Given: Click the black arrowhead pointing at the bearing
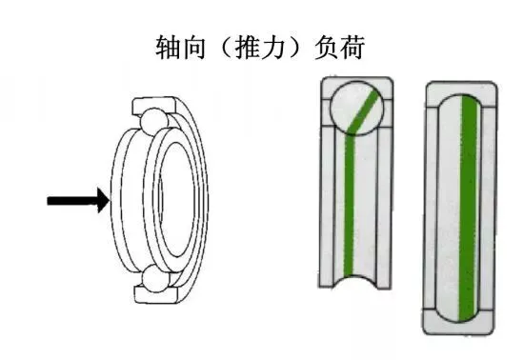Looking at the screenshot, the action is [x=103, y=200].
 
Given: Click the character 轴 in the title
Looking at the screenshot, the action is [x=168, y=48].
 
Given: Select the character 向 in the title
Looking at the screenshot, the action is [x=192, y=48].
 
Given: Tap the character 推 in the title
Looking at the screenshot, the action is [x=248, y=48].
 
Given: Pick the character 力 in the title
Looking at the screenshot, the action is [x=273, y=48].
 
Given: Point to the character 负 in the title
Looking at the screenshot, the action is [x=327, y=48].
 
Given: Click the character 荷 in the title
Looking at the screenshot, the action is [x=352, y=48].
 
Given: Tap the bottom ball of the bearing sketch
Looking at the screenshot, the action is [x=154, y=278].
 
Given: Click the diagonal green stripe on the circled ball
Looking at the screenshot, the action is [x=363, y=111].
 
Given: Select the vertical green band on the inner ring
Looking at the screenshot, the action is [x=350, y=206].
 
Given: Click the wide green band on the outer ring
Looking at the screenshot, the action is [x=468, y=208].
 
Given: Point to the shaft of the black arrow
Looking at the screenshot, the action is [x=72, y=201].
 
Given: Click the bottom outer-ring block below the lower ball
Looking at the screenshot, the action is [x=156, y=294].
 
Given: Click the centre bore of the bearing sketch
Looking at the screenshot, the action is [x=178, y=200].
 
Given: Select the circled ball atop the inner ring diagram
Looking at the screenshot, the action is [x=357, y=108].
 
